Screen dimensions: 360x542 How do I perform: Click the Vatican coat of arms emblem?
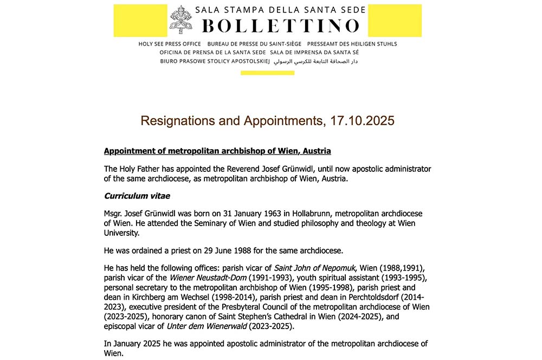coord(180,20)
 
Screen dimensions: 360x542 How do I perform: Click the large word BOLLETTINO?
coord(280,25)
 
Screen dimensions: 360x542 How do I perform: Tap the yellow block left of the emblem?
coord(140,20)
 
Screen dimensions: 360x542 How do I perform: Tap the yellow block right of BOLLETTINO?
coord(395,20)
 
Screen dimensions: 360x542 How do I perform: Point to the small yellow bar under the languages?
coord(267,73)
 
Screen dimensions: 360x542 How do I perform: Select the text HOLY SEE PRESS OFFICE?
coord(170,44)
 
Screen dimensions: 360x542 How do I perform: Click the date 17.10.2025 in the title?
coord(362,120)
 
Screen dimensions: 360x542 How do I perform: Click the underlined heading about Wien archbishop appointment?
coord(217,151)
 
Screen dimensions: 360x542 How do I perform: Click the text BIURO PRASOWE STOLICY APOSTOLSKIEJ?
coord(215,62)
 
